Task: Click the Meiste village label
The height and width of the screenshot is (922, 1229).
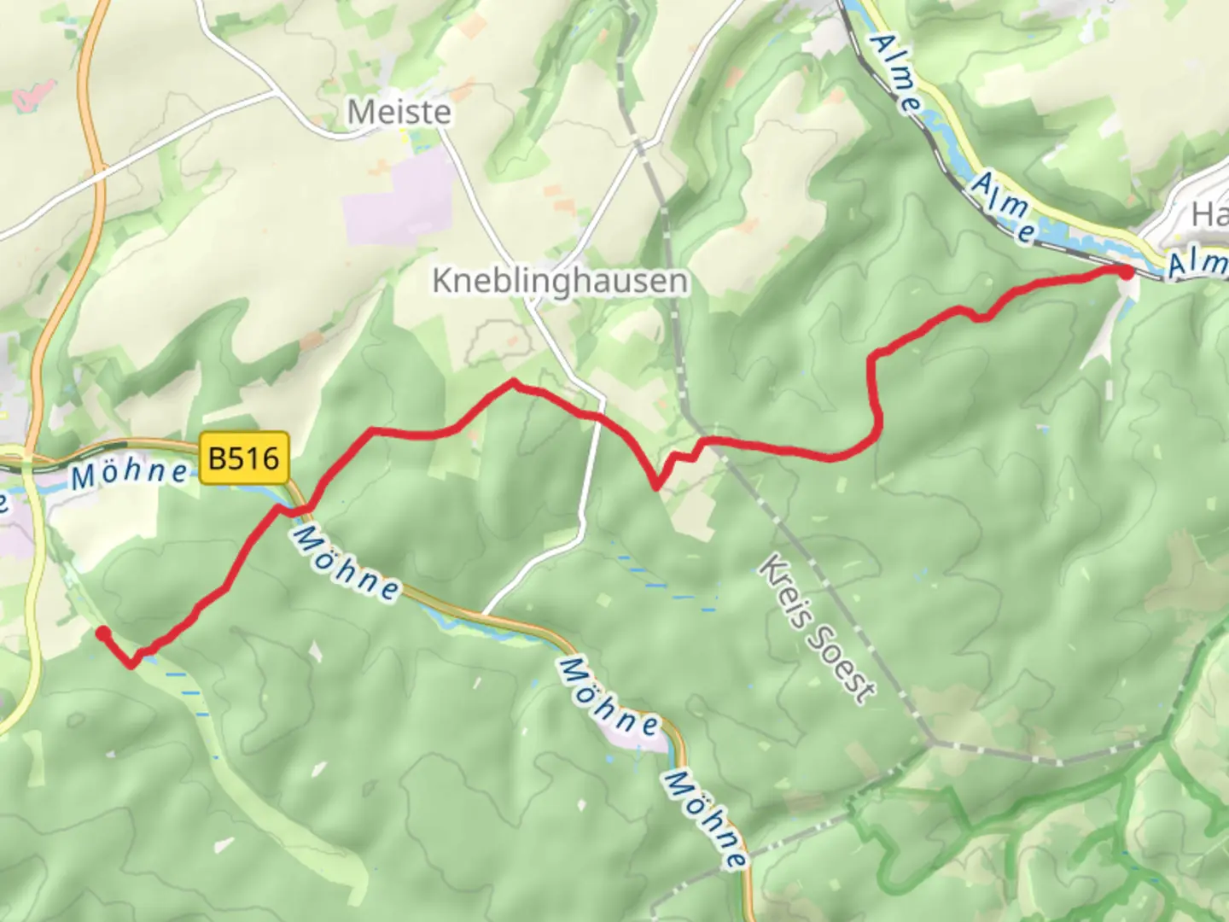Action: tap(399, 112)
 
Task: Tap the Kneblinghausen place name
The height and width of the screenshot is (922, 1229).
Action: tap(559, 281)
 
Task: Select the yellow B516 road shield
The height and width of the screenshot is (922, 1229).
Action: tap(244, 458)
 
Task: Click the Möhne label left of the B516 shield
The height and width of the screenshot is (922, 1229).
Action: tap(129, 473)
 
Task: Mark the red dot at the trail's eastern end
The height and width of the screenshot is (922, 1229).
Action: tap(1126, 272)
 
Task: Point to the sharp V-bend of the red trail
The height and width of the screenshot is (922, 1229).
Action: tap(655, 487)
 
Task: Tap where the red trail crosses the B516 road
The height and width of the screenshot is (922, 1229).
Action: tap(299, 510)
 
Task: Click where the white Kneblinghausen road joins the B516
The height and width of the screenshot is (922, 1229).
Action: tap(485, 613)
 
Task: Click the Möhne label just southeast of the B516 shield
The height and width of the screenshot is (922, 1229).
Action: tap(346, 563)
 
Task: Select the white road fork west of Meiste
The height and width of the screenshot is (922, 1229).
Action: tap(273, 89)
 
